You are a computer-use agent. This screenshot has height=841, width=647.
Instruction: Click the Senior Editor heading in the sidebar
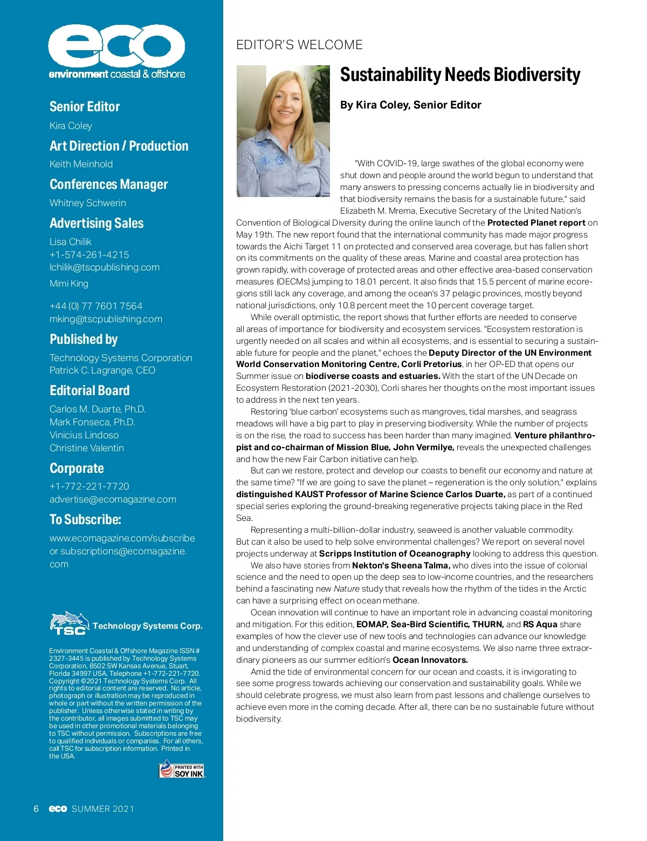[85, 106]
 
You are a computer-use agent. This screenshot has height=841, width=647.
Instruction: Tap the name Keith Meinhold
[81, 164]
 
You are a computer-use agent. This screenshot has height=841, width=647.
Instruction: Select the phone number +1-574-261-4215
[89, 255]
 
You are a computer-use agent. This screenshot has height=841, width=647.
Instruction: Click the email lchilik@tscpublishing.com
[105, 267]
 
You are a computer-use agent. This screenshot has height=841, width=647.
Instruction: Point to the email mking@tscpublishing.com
[106, 319]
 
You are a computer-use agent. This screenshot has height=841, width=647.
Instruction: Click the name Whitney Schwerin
[87, 203]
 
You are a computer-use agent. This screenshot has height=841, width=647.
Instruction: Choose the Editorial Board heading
[90, 390]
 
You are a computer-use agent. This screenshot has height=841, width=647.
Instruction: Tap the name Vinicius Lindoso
[84, 435]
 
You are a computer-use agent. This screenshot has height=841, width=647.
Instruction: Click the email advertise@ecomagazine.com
[113, 499]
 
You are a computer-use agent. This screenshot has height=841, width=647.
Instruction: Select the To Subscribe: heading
[85, 519]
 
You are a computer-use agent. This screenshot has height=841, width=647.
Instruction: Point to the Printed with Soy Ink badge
[182, 769]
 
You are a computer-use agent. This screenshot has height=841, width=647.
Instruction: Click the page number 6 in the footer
[36, 809]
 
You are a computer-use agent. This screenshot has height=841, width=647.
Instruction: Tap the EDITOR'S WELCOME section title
[299, 45]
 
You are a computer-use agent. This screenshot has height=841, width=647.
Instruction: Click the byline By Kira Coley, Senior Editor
[410, 105]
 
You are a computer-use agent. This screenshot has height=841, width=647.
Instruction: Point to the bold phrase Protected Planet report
[536, 222]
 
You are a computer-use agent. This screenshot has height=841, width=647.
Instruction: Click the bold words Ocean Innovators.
[430, 660]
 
